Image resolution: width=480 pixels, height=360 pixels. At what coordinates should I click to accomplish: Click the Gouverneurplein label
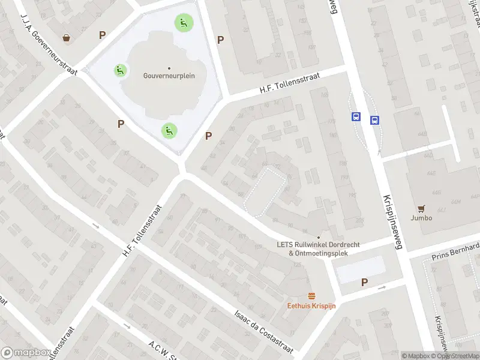[x=169, y=76]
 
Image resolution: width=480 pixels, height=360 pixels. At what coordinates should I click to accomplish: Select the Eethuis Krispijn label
[x=311, y=305]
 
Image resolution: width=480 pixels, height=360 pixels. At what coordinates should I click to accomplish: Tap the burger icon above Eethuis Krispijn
[x=311, y=296]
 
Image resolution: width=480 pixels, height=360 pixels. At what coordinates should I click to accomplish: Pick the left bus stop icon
[x=356, y=117]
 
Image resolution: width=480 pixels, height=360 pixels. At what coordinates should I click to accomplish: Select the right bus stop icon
[x=375, y=120]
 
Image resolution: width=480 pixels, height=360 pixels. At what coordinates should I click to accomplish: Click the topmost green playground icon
[x=184, y=23]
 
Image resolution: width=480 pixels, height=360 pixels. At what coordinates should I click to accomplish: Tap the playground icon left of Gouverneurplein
[x=121, y=71]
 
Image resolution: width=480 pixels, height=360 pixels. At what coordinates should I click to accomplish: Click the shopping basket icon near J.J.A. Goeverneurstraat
[x=66, y=38]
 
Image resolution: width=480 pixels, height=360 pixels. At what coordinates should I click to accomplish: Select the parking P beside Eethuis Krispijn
[x=364, y=283]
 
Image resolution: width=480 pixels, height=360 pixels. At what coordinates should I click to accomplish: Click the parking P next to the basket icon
[x=103, y=35]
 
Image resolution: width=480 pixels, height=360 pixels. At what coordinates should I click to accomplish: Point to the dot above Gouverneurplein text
[x=169, y=68]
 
